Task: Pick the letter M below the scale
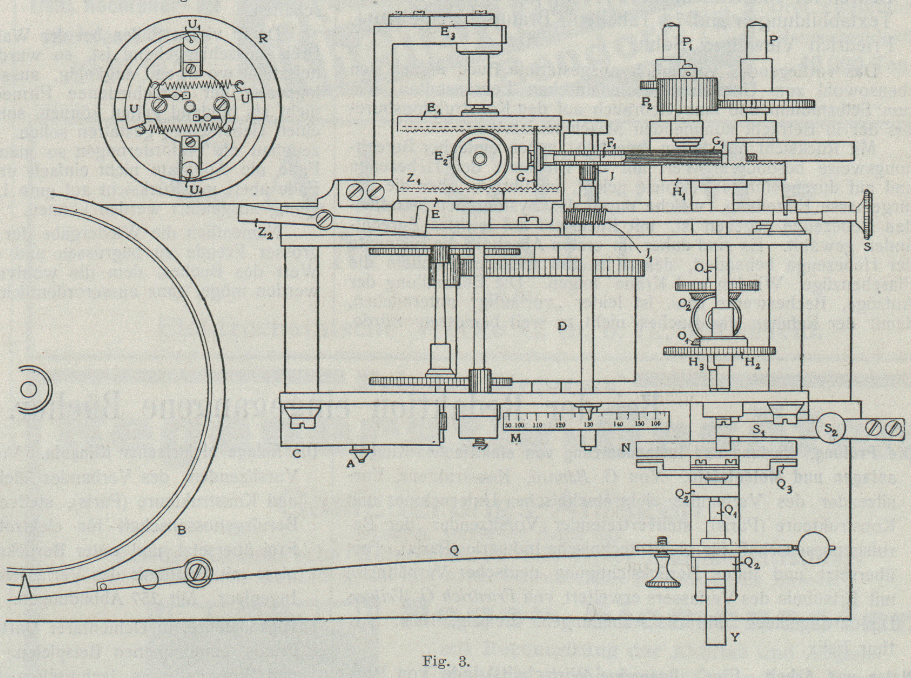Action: pos(516,438)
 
